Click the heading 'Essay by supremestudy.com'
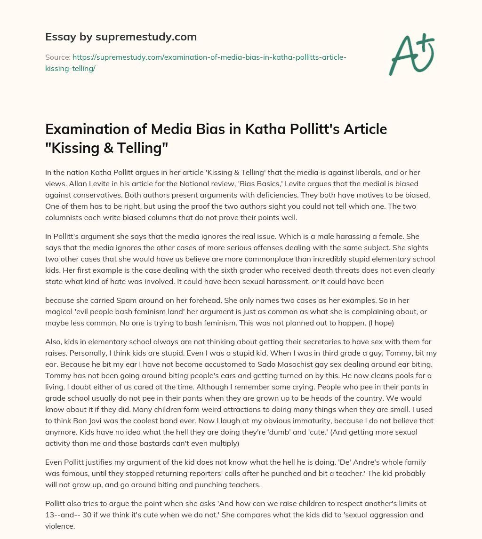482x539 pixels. [121, 37]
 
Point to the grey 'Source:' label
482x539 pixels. [57, 57]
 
